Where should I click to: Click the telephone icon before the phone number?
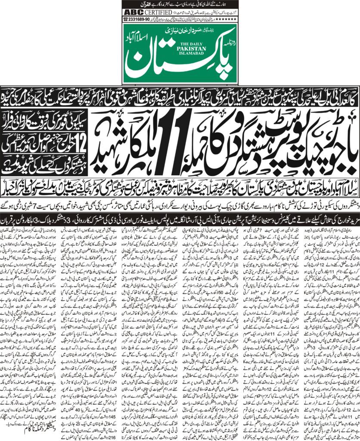point(126,19)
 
